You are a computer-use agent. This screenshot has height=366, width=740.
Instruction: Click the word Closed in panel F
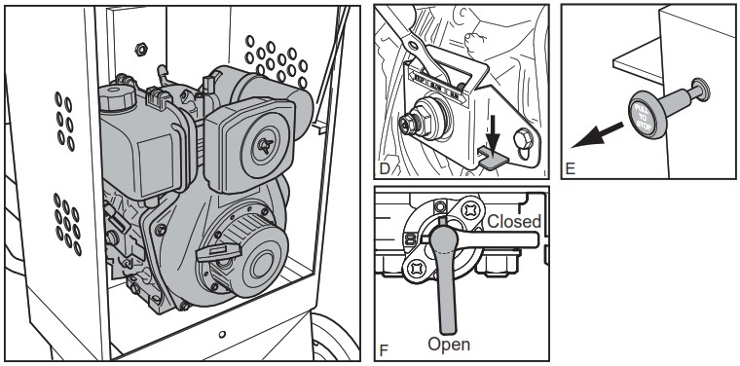pyautogui.click(x=514, y=221)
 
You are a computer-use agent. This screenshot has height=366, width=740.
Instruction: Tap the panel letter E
pyautogui.click(x=570, y=168)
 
